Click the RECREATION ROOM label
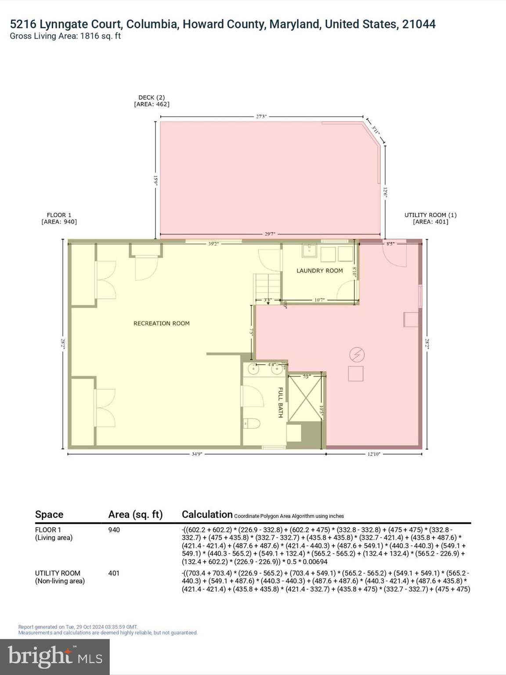pyautogui.click(x=161, y=323)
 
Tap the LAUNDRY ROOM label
pyautogui.click(x=319, y=271)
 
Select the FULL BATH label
pyautogui.click(x=281, y=402)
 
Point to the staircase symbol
pyautogui.click(x=267, y=285)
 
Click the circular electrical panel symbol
pyautogui.click(x=357, y=354)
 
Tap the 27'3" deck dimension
pyautogui.click(x=261, y=117)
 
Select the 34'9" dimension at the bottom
pyautogui.click(x=196, y=454)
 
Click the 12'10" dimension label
pyautogui.click(x=373, y=454)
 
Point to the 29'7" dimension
pyautogui.click(x=270, y=234)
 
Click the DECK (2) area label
pyautogui.click(x=152, y=101)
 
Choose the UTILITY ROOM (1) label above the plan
pyautogui.click(x=430, y=218)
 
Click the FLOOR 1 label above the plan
pyautogui.click(x=59, y=218)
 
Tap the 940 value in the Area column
pyautogui.click(x=114, y=530)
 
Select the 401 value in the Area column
pyautogui.click(x=114, y=573)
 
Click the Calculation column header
pyautogui.click(x=207, y=515)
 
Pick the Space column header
pyautogui.click(x=49, y=515)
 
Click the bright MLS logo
pyautogui.click(x=55, y=657)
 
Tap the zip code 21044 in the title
pyautogui.click(x=419, y=24)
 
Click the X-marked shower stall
pyautogui.click(x=306, y=398)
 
